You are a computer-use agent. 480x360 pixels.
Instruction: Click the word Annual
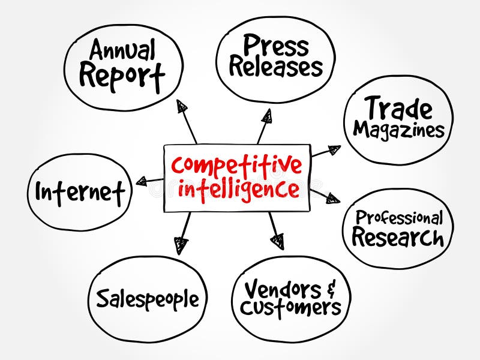122,49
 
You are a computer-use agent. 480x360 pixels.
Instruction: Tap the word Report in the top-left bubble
122,77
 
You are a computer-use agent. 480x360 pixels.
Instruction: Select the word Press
276,46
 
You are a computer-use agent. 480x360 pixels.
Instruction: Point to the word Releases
276,67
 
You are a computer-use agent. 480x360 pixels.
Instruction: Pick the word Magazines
398,130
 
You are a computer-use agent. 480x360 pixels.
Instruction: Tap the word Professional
399,218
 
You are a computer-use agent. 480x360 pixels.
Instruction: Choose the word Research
398,236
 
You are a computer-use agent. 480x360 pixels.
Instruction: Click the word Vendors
283,289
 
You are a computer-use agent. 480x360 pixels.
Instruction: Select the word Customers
290,308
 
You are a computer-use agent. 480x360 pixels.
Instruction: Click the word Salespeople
148,298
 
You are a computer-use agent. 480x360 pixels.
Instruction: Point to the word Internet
80,193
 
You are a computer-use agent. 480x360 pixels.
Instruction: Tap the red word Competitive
236,166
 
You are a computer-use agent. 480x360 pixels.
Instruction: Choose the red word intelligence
239,190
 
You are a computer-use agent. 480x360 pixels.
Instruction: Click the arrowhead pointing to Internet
142,182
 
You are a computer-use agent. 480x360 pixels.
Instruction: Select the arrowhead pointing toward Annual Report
182,106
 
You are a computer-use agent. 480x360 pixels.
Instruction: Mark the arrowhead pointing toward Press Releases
267,116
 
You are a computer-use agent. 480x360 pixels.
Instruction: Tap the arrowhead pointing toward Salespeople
181,245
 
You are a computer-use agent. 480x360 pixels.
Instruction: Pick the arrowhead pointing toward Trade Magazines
335,149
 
